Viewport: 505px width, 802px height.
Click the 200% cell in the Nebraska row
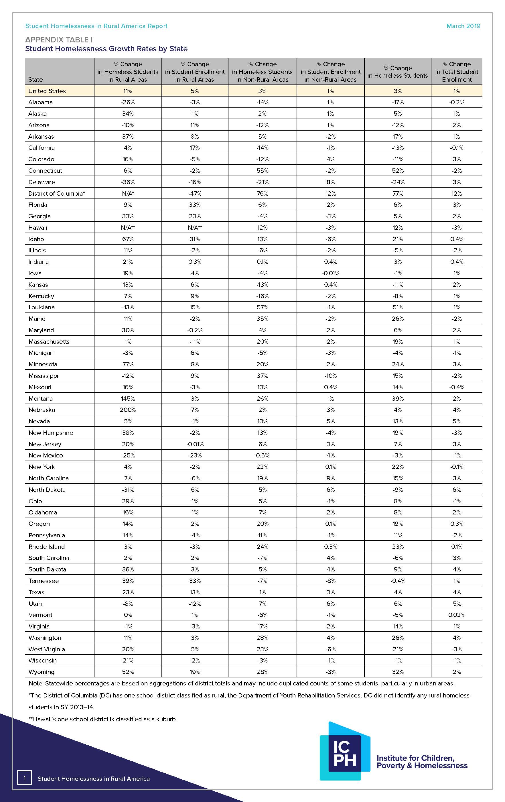128,410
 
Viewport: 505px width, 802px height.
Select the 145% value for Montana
128,398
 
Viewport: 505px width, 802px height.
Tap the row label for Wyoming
41,672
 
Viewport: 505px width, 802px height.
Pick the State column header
35,80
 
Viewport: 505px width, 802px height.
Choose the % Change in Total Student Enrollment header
456,72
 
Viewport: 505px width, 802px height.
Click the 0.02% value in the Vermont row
456,615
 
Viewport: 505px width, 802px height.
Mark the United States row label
47,91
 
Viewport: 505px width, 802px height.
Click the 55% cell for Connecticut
262,170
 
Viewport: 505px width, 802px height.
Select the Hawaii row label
38,227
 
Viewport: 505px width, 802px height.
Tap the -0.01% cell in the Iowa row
330,273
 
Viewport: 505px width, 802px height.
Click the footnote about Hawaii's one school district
103,719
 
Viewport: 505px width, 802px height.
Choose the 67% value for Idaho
128,239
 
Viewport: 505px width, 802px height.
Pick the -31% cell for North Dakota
128,490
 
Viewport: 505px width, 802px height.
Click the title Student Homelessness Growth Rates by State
106,49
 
